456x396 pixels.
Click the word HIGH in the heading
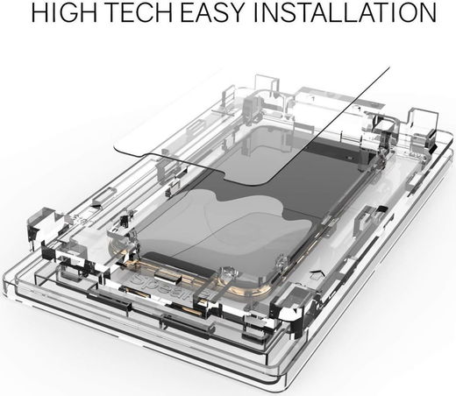pyautogui.click(x=64, y=12)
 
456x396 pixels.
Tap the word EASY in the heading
pyautogui.click(x=212, y=12)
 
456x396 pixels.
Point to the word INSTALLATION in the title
pyautogui.click(x=345, y=12)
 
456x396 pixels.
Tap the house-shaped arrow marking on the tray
pyautogui.click(x=316, y=274)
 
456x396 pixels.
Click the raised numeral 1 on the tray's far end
pyautogui.click(x=313, y=99)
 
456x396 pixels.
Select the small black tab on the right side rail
pyautogui.click(x=381, y=209)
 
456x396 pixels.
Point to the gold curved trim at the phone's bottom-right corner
pyautogui.click(x=257, y=289)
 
